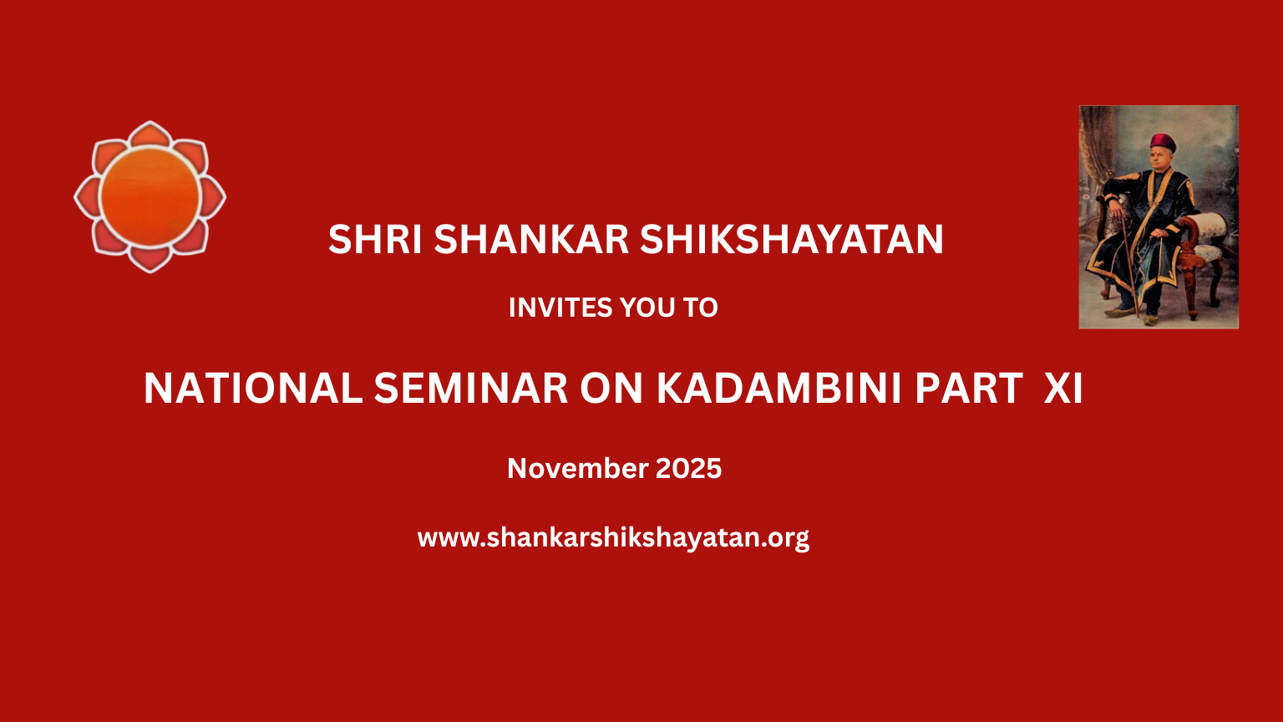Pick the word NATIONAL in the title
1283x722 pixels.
pyautogui.click(x=252, y=389)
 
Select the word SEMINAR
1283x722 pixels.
pyautogui.click(x=471, y=389)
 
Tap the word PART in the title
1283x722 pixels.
pyautogui.click(x=969, y=389)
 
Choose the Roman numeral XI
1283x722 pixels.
pyautogui.click(x=1063, y=389)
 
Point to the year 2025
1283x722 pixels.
pyautogui.click(x=688, y=469)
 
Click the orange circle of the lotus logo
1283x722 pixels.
pyautogui.click(x=150, y=196)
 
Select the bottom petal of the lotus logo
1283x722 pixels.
pyautogui.click(x=150, y=260)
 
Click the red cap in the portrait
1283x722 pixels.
pyautogui.click(x=1163, y=142)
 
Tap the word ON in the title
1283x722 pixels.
pyautogui.click(x=611, y=389)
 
